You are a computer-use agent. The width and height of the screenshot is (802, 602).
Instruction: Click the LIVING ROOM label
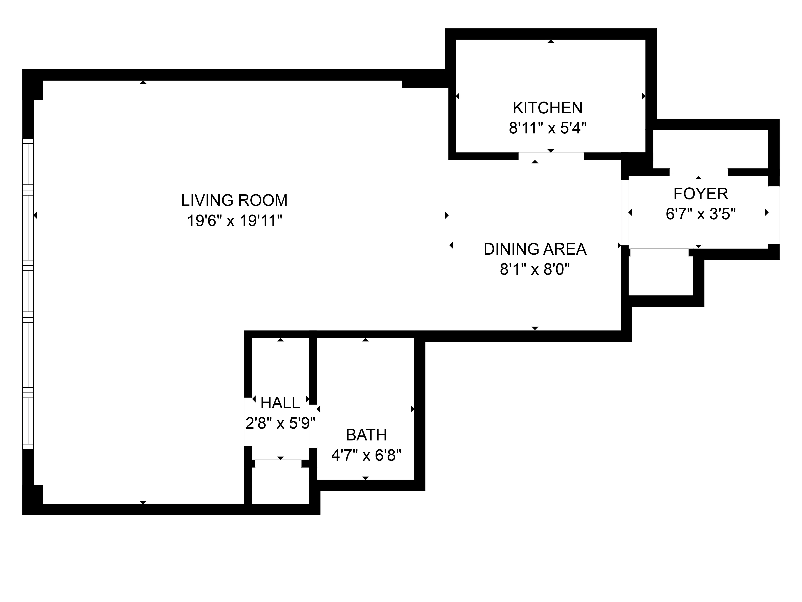[x=234, y=200]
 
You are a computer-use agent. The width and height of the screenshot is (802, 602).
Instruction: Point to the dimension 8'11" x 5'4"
[x=548, y=128]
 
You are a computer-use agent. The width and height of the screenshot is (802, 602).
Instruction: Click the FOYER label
[x=701, y=194]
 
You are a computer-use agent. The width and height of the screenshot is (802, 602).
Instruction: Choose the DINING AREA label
[x=535, y=249]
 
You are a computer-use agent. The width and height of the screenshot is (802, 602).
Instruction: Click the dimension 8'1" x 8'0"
[x=535, y=270]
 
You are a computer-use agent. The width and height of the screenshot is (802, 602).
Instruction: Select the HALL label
[x=280, y=403]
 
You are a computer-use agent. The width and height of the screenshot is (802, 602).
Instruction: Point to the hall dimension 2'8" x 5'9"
[x=280, y=423]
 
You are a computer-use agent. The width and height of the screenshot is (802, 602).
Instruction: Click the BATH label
[x=366, y=435]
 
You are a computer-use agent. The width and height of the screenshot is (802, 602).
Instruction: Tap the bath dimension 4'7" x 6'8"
[x=366, y=455]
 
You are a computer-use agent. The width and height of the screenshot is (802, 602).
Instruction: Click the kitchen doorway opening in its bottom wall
[x=551, y=156]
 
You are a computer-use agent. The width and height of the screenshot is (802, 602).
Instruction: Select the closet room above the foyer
[x=711, y=149]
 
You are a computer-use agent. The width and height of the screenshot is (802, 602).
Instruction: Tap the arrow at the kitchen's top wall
[x=551, y=41]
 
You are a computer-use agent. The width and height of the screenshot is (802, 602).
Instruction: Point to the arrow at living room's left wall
[x=35, y=216]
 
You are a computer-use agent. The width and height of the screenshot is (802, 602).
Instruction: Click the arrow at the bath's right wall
[x=412, y=409]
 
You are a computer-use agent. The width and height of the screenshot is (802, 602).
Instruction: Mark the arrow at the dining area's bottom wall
[x=535, y=328]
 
